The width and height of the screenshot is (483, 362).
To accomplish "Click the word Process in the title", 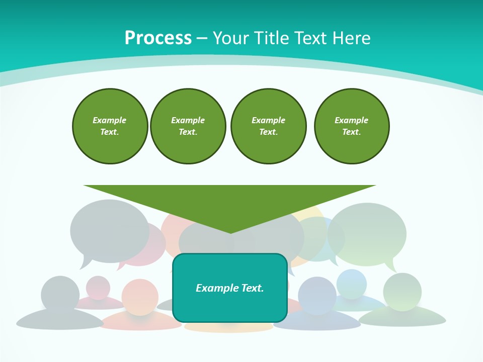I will pyautogui.click(x=158, y=38).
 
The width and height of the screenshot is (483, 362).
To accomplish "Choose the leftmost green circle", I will pyautogui.click(x=110, y=126).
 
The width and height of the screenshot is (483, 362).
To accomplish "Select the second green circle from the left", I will pyautogui.click(x=188, y=126).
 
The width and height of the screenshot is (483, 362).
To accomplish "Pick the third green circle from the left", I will pyautogui.click(x=268, y=126).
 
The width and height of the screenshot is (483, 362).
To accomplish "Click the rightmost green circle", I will pyautogui.click(x=351, y=126).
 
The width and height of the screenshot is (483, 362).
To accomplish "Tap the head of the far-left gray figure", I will pyautogui.click(x=60, y=294).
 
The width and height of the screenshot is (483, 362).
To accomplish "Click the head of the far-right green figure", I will pyautogui.click(x=402, y=292).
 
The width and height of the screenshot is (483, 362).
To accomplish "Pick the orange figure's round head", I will pyautogui.click(x=140, y=297).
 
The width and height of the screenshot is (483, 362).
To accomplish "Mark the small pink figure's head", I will pyautogui.click(x=98, y=288).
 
